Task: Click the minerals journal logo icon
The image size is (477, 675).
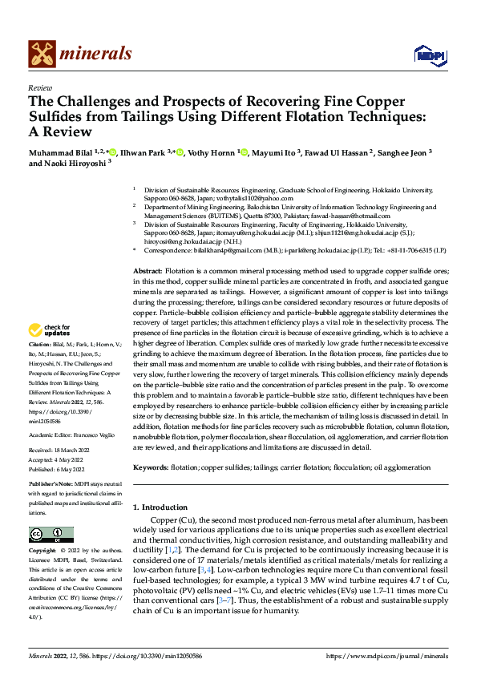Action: [x=42, y=53]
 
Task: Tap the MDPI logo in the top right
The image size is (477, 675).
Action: [x=428, y=54]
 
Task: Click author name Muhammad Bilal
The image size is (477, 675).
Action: [x=62, y=151]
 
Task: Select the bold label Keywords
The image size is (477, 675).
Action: [x=152, y=467]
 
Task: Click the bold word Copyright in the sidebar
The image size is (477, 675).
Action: [x=43, y=552]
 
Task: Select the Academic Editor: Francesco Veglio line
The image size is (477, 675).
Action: [x=73, y=434]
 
